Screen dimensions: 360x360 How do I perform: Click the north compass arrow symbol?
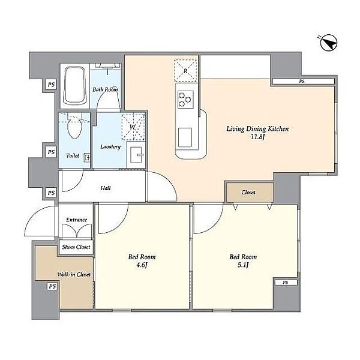(x=328, y=43)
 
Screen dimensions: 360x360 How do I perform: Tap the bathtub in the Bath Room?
(x=74, y=86)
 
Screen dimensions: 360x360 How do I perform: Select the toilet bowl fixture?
(x=74, y=128)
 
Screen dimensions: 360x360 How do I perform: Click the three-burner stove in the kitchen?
(x=185, y=100)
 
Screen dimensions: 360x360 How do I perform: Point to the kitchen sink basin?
(x=185, y=137)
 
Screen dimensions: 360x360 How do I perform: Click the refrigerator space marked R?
(x=185, y=70)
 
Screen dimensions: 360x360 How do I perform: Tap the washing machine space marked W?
(x=133, y=127)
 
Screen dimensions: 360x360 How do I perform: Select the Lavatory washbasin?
(x=136, y=155)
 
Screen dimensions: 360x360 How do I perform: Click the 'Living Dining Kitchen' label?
(x=257, y=129)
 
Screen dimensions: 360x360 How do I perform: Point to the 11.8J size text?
(x=258, y=137)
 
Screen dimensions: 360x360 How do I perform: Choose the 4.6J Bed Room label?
(x=142, y=261)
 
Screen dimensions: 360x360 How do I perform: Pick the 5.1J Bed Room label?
(x=243, y=261)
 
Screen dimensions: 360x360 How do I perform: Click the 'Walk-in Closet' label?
(x=74, y=274)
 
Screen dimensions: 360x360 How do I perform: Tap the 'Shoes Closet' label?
(x=76, y=247)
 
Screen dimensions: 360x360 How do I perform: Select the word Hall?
(x=106, y=188)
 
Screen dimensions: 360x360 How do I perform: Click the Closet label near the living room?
(x=248, y=192)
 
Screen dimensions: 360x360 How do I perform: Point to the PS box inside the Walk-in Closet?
(x=52, y=287)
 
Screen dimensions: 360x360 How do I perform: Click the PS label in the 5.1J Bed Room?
(x=286, y=283)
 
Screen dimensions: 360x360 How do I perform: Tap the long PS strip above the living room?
(x=303, y=81)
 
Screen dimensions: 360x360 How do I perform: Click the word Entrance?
(x=76, y=220)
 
